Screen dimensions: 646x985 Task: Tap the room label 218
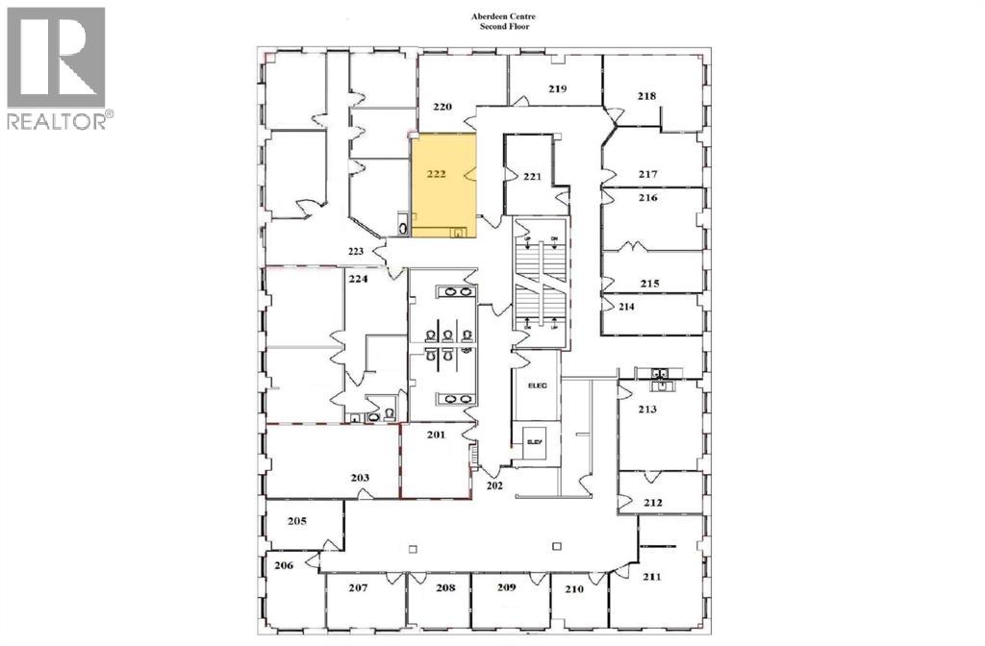tap(646, 96)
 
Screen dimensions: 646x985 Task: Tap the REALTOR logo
tap(57, 67)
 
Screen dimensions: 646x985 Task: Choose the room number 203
tap(360, 478)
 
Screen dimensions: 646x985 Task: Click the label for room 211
tap(651, 577)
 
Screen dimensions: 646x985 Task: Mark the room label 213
tap(646, 410)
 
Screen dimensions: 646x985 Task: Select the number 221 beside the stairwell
tap(533, 177)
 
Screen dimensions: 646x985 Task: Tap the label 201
tap(436, 435)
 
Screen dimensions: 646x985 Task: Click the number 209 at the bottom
tap(507, 586)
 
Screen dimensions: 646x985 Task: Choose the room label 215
tap(649, 284)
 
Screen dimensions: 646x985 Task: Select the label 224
tap(357, 281)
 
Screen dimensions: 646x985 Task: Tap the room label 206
tap(283, 565)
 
